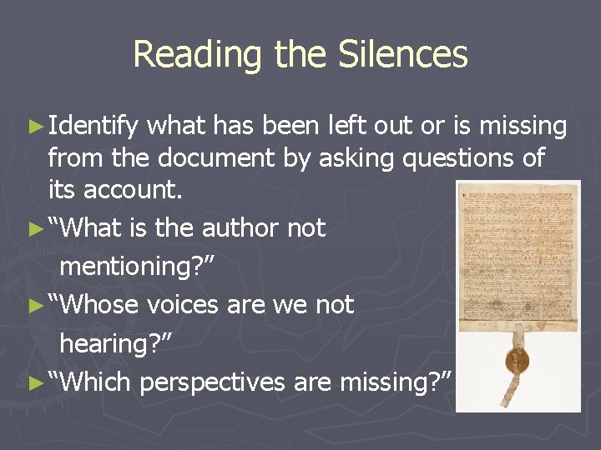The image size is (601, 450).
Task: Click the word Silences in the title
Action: pyautogui.click(x=403, y=55)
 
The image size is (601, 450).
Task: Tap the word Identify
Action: pyautogui.click(x=93, y=127)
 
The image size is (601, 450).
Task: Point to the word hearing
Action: pyautogui.click(x=109, y=343)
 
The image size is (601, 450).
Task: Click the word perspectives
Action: pyautogui.click(x=213, y=382)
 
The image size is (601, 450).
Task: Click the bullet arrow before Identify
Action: pyautogui.click(x=33, y=127)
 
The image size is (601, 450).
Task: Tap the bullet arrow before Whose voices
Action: pyautogui.click(x=33, y=305)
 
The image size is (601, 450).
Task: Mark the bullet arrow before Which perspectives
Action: pyautogui.click(x=33, y=382)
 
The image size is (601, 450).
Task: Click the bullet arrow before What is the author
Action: pyautogui.click(x=33, y=228)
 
